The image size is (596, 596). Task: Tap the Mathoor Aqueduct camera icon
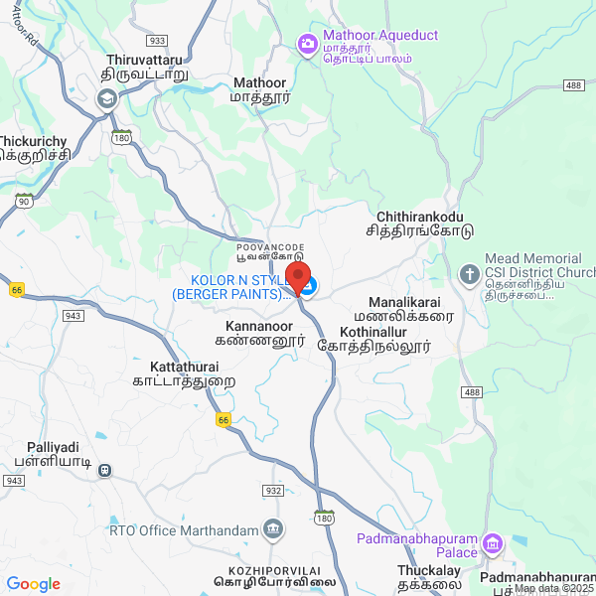tap(307, 44)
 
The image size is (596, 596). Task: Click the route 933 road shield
tap(156, 41)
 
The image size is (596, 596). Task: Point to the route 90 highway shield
tap(22, 201)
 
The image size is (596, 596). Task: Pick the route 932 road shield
tap(273, 491)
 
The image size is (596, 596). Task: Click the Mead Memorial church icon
tap(469, 273)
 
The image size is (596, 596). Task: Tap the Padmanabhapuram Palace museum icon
tap(494, 544)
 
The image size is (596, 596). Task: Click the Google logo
tap(33, 584)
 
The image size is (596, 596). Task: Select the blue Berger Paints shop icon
tap(310, 287)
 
